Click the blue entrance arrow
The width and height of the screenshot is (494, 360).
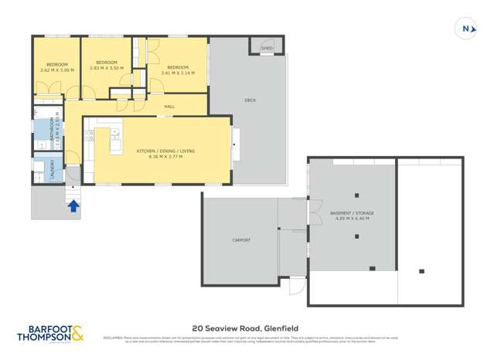coord(73,205)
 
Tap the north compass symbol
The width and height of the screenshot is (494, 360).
coord(467,29)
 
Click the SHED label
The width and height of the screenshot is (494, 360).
coord(267,49)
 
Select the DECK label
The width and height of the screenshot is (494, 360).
coord(250,100)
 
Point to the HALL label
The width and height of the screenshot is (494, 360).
coord(169,107)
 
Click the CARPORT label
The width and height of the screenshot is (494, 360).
coord(241,240)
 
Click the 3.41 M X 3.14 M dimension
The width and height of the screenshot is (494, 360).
coord(178,73)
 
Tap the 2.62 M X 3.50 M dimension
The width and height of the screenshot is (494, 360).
coord(56,70)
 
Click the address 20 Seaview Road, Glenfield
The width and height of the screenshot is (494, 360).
coord(247,328)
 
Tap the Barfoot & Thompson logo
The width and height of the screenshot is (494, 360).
coord(51,334)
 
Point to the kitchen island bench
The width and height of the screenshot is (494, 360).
coord(115,141)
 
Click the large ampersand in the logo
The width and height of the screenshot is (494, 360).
coord(79,335)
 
